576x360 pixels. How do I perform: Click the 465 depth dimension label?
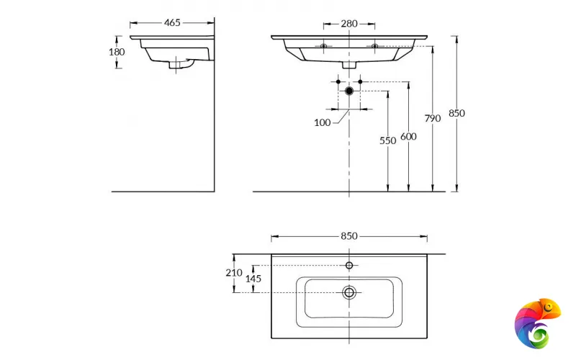pyautogui.click(x=172, y=23)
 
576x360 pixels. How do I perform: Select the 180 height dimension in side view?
pyautogui.click(x=117, y=52)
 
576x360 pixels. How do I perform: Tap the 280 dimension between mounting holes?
pyautogui.click(x=349, y=23)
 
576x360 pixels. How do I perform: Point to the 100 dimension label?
pyautogui.click(x=322, y=122)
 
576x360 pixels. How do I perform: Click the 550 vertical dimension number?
pyautogui.click(x=388, y=141)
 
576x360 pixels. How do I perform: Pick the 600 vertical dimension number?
pyautogui.click(x=408, y=137)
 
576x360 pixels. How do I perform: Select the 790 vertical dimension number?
pyautogui.click(x=432, y=118)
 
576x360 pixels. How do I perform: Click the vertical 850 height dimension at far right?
pyautogui.click(x=456, y=113)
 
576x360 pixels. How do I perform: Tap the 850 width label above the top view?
pyautogui.click(x=349, y=236)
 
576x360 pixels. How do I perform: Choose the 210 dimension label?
pyautogui.click(x=233, y=272)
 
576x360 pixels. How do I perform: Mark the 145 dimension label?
pyautogui.click(x=253, y=279)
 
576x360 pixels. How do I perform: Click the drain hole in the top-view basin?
pyautogui.click(x=349, y=292)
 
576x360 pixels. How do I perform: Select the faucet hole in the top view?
pyautogui.click(x=349, y=266)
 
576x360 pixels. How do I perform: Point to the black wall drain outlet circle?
pyautogui.click(x=349, y=91)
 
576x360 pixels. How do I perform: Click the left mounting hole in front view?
pyautogui.click(x=324, y=46)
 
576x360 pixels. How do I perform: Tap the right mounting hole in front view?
pyautogui.click(x=374, y=46)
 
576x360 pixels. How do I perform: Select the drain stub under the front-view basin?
pyautogui.click(x=349, y=65)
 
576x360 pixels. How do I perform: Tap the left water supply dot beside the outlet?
pyautogui.click(x=338, y=82)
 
